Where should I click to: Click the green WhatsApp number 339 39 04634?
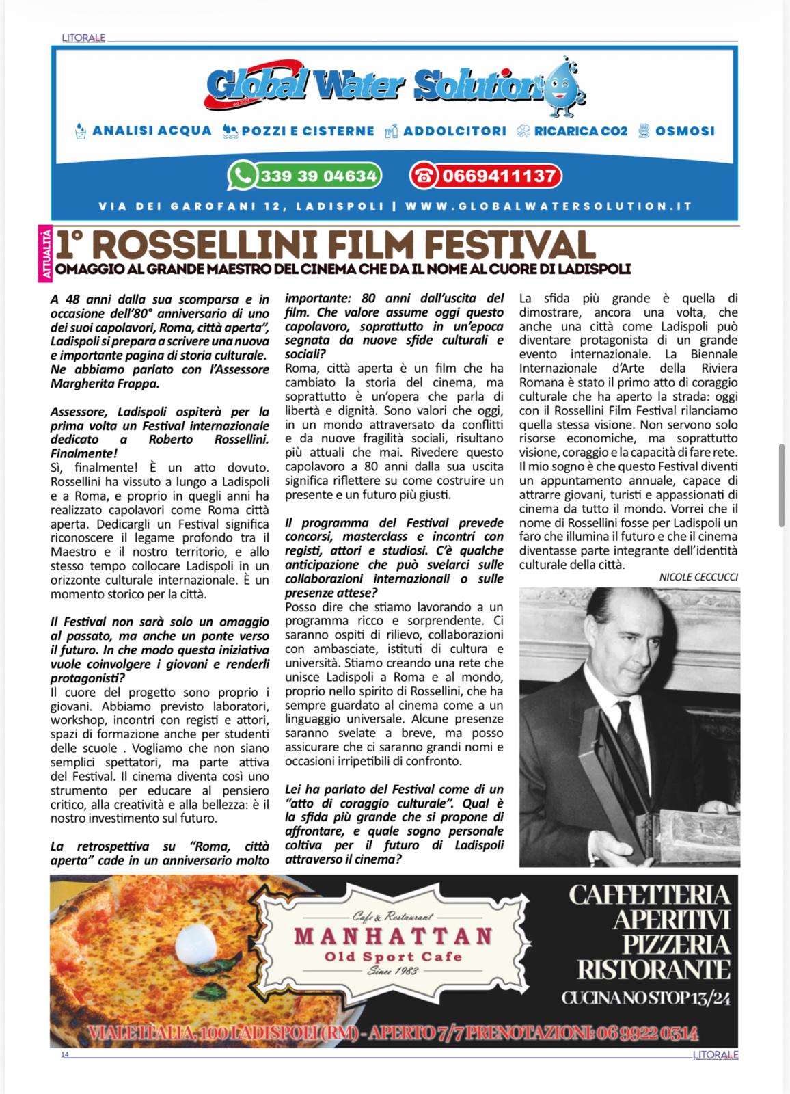tap(305, 176)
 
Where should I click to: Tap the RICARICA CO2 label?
tap(581, 130)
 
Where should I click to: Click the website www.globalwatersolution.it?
tap(549, 206)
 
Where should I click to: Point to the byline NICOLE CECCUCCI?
tap(698, 577)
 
